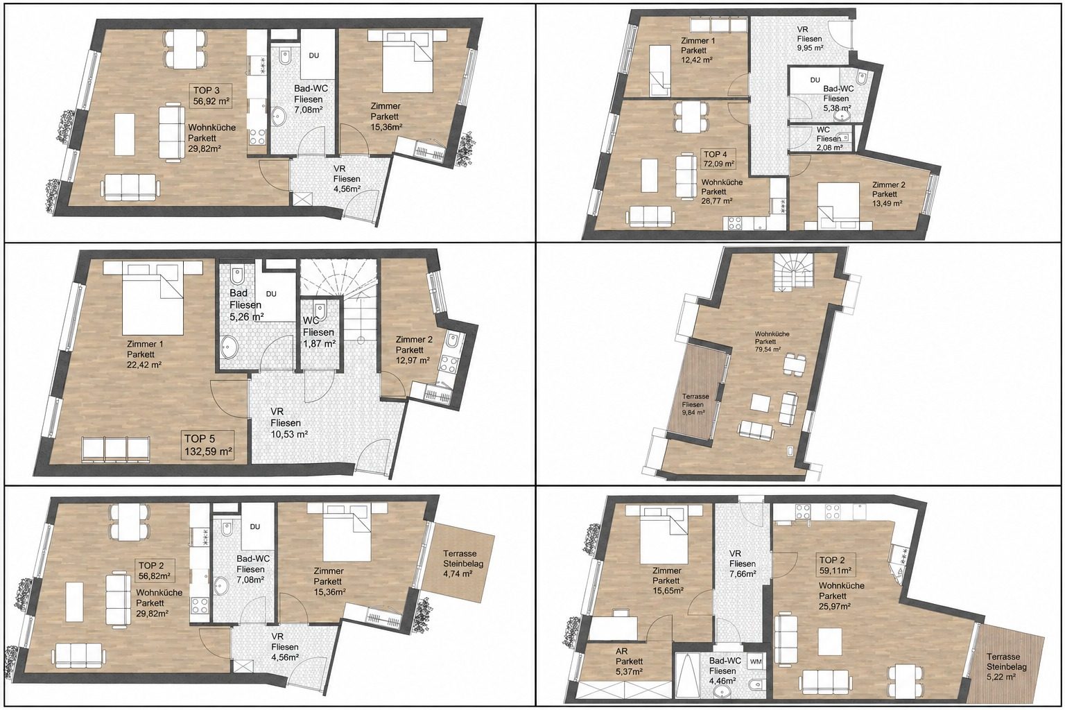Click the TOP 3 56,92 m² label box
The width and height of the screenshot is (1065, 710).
212,96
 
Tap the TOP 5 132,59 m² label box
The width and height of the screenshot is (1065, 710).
208,444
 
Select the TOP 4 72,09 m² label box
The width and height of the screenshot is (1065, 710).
718,159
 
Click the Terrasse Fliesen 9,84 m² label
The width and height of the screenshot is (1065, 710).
695,404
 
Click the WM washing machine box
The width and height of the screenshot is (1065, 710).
755,661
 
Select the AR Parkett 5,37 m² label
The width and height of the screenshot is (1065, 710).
629,661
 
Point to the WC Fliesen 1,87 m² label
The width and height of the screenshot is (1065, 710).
319,332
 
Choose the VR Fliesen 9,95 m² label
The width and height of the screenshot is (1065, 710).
810,39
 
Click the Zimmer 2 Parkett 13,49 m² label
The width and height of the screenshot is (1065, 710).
887,194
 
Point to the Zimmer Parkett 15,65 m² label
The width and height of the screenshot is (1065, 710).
668,580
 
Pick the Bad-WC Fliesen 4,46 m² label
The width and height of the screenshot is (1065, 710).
725,671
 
